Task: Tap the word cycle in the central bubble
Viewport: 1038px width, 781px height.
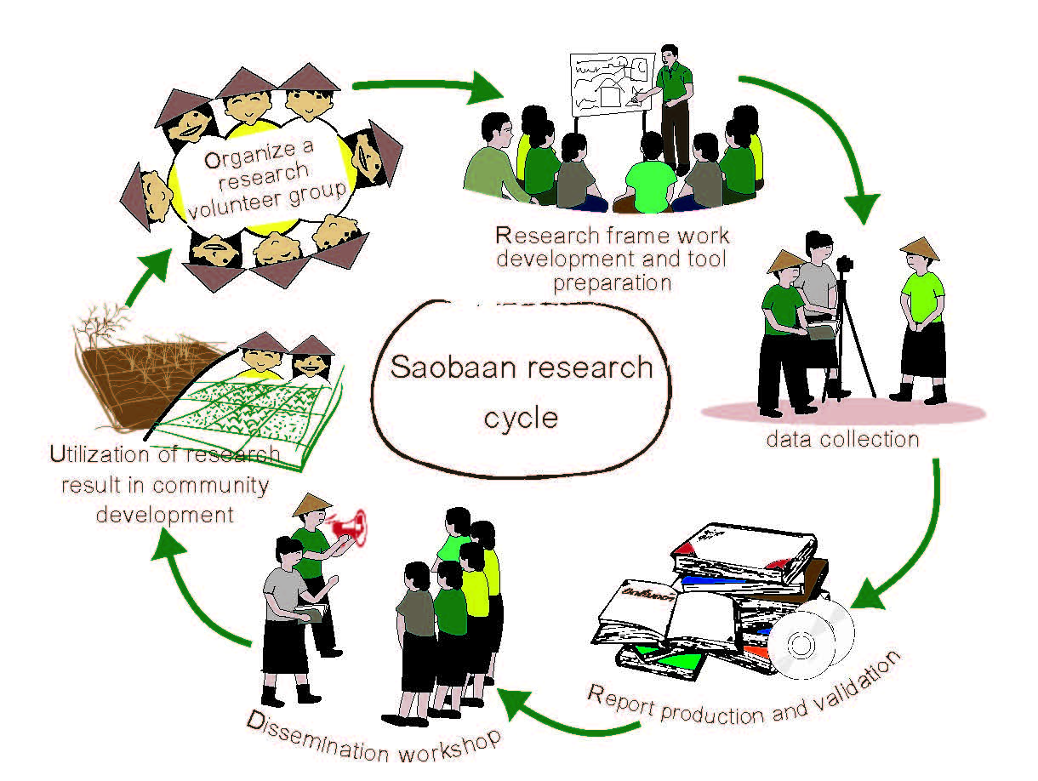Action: (x=521, y=419)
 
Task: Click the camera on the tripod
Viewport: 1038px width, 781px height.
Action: (x=845, y=266)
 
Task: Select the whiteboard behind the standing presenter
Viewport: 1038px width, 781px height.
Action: (x=611, y=86)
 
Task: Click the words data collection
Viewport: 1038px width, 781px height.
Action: (x=842, y=440)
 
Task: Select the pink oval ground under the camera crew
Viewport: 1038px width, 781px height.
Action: (x=842, y=411)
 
